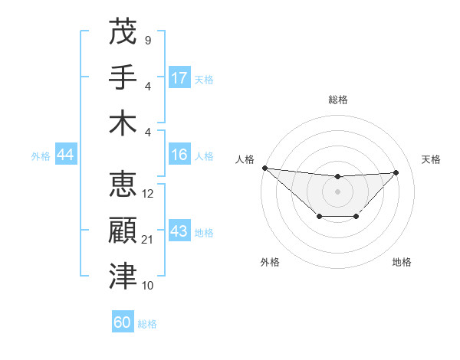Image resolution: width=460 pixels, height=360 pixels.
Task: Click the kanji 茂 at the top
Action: (123, 31)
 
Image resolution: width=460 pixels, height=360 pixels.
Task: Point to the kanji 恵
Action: (123, 184)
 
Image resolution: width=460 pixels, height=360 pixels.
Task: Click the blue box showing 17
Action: (179, 77)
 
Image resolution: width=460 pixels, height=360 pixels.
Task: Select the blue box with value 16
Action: (179, 155)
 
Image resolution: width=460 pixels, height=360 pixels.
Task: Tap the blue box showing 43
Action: (179, 231)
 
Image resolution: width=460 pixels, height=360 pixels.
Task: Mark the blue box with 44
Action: (65, 155)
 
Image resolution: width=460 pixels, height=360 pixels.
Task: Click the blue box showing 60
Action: (123, 322)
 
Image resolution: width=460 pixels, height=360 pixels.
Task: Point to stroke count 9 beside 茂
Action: (147, 40)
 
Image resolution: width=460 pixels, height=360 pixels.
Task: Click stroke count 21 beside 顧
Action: (149, 240)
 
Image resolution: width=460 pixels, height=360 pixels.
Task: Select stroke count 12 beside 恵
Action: (149, 194)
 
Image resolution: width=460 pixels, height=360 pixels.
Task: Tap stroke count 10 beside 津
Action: (149, 286)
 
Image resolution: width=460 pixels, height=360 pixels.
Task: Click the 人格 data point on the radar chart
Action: (264, 168)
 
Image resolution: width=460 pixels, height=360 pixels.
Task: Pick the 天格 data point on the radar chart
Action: (396, 172)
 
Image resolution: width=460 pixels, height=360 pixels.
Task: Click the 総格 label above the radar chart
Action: (337, 100)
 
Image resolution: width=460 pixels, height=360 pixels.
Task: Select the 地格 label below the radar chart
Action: (402, 262)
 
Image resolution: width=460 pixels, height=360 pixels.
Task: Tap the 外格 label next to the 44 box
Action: (41, 155)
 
